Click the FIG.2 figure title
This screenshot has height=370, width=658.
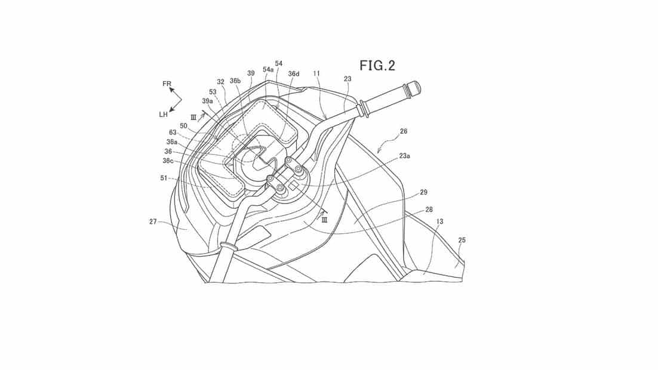(x=377, y=66)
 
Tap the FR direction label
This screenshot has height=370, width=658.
(x=167, y=84)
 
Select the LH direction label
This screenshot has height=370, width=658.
(x=163, y=114)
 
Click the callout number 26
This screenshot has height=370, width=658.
(x=403, y=131)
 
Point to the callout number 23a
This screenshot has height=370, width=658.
(x=405, y=156)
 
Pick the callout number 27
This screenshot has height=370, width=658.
(x=153, y=221)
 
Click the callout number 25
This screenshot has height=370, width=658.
(x=462, y=240)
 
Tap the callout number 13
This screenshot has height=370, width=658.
(x=439, y=221)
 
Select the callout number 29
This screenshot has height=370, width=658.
(x=423, y=192)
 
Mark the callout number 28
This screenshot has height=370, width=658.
(x=429, y=209)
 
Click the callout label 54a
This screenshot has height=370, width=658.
(x=268, y=70)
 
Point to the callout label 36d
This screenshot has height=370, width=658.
(x=294, y=74)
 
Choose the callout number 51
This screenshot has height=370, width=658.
(x=164, y=178)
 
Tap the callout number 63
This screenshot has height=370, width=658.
(x=173, y=132)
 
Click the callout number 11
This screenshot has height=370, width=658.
(x=316, y=73)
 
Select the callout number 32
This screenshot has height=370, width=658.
(x=221, y=82)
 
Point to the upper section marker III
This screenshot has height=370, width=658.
(x=193, y=118)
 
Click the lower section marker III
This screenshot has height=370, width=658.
(x=324, y=221)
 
